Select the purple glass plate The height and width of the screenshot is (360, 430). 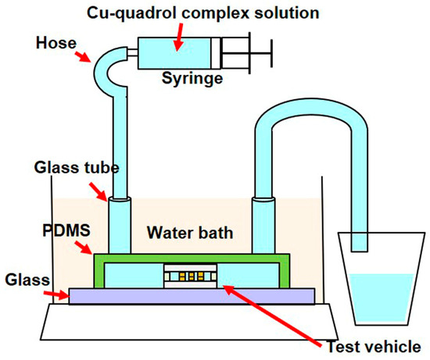pyautogui.click(x=192, y=295)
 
